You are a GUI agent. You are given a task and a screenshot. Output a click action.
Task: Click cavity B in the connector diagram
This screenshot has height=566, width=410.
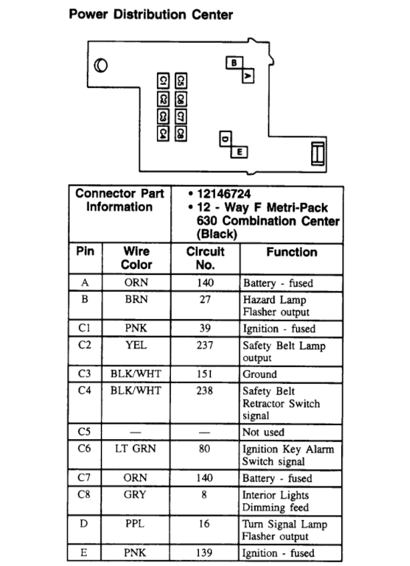pos(234,63)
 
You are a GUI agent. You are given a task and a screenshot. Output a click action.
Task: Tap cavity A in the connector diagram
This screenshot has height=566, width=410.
pos(248,76)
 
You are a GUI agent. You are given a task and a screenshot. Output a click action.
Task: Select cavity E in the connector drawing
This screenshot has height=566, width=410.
pos(239,152)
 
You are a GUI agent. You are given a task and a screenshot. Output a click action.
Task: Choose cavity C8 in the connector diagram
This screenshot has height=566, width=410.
pos(180,133)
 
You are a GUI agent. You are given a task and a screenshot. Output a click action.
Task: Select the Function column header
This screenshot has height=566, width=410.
pos(291,252)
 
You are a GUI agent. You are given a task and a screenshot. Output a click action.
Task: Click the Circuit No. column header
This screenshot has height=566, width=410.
pos(205,258)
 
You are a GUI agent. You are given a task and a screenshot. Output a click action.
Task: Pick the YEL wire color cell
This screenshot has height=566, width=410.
pos(136,346)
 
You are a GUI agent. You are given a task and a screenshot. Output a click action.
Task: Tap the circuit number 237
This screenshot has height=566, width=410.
pos(204,346)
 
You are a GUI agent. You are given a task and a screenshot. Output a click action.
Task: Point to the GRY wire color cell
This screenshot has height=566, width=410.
pos(136,495)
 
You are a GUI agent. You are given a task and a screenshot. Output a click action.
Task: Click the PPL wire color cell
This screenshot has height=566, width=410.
pos(136,524)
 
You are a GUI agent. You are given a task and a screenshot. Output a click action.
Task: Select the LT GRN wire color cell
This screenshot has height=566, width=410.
pos(136,449)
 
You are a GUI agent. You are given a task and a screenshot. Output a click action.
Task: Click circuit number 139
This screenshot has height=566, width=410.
pos(204,553)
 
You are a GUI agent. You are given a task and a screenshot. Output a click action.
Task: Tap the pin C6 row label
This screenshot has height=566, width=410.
pos(84,449)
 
